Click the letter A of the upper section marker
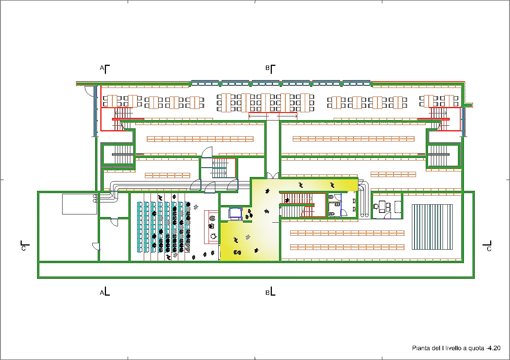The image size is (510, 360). (102, 68)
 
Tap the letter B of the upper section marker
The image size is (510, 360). (267, 68)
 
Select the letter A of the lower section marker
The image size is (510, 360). (102, 293)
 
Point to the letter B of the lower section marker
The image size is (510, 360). (267, 293)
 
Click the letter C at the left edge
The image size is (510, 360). (24, 248)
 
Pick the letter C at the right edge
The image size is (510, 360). (489, 249)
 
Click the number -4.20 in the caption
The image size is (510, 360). (493, 348)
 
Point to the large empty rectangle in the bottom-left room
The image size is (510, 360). (79, 204)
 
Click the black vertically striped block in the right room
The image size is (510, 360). (432, 227)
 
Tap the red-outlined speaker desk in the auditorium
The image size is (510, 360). (211, 227)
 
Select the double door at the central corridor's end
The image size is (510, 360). (273, 176)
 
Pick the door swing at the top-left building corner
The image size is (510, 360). (89, 91)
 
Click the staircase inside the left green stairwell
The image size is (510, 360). (123, 155)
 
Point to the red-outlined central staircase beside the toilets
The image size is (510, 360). (303, 205)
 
